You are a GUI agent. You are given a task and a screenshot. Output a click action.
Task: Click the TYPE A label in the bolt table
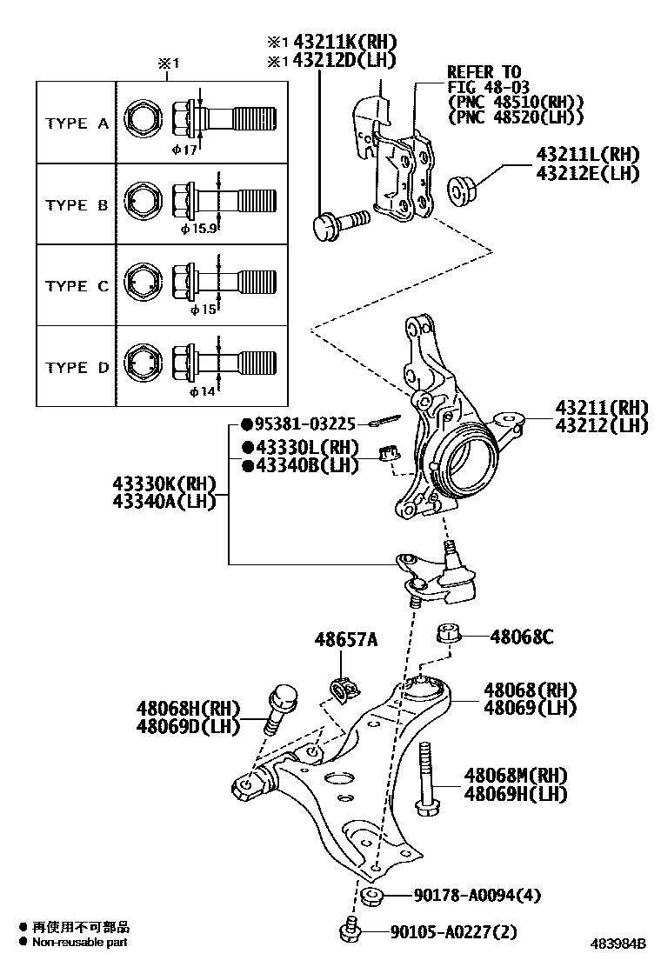77,123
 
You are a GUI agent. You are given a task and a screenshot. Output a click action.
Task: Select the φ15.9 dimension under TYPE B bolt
199,230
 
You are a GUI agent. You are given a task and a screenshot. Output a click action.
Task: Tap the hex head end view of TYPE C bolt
143,283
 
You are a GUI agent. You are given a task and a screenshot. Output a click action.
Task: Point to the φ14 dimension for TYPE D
202,392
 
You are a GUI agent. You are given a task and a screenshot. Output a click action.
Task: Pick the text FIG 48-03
487,87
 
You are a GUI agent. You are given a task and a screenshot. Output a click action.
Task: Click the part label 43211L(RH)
587,155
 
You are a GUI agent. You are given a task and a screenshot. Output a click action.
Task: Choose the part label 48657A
346,641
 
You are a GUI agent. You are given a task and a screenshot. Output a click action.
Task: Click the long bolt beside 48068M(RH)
425,779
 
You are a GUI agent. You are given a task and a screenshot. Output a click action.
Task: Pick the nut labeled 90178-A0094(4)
372,897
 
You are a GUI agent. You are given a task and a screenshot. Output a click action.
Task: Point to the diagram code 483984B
620,943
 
